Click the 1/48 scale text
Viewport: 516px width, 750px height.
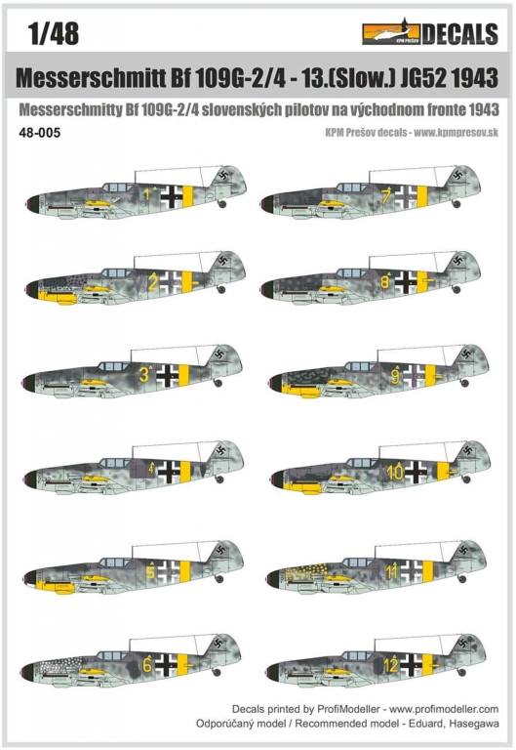point(54,33)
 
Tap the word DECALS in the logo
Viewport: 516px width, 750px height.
point(460,33)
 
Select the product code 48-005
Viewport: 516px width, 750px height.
point(40,133)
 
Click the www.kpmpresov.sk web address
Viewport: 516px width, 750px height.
point(456,133)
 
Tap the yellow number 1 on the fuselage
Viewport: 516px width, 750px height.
point(147,194)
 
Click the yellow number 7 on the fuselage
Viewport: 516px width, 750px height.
point(385,195)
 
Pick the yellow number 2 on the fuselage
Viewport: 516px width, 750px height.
point(152,282)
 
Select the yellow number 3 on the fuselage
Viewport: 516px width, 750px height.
point(143,375)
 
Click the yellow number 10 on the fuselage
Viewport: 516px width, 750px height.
point(396,473)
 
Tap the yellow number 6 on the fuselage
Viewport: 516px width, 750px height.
point(147,665)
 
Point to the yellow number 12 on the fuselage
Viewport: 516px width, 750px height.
point(391,665)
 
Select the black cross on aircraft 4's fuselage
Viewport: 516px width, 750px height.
point(169,471)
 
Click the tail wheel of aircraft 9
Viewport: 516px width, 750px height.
point(465,383)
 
